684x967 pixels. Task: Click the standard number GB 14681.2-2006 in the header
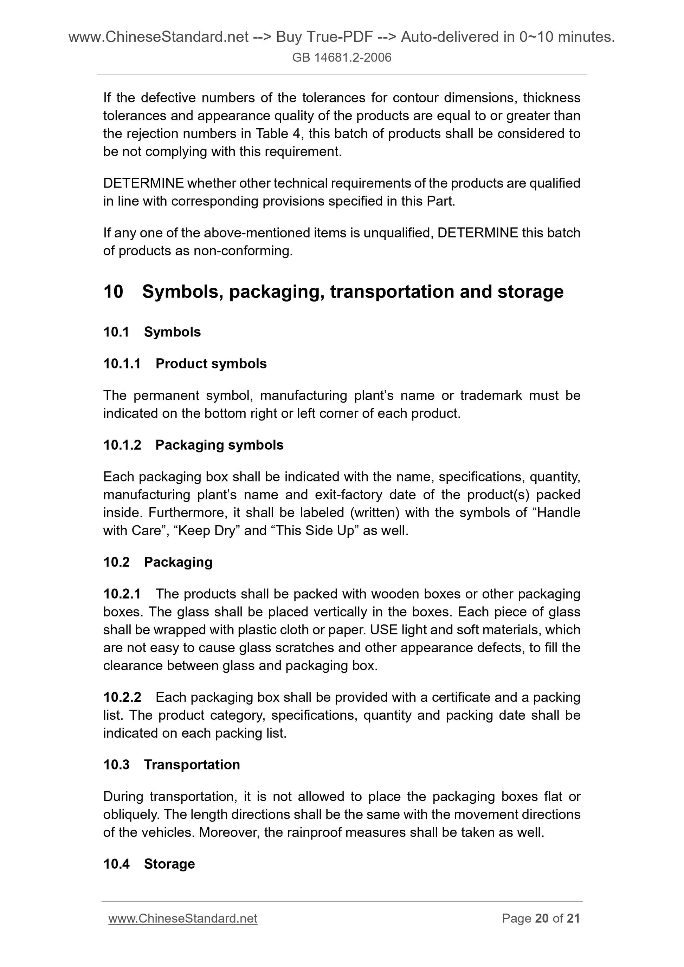tap(341, 57)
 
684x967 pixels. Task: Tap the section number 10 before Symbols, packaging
tap(113, 292)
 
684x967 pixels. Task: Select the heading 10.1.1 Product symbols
tap(185, 364)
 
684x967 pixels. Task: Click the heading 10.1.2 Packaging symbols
tap(193, 445)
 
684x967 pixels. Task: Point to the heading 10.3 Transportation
tap(171, 764)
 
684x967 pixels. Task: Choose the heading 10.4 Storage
tap(149, 864)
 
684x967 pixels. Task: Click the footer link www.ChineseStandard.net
tap(183, 918)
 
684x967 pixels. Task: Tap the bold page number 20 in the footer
tap(542, 918)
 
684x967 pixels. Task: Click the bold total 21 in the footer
tap(573, 918)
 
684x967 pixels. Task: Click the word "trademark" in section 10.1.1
tap(491, 396)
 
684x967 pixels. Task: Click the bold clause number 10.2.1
tap(122, 594)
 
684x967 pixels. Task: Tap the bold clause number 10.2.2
tap(122, 697)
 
